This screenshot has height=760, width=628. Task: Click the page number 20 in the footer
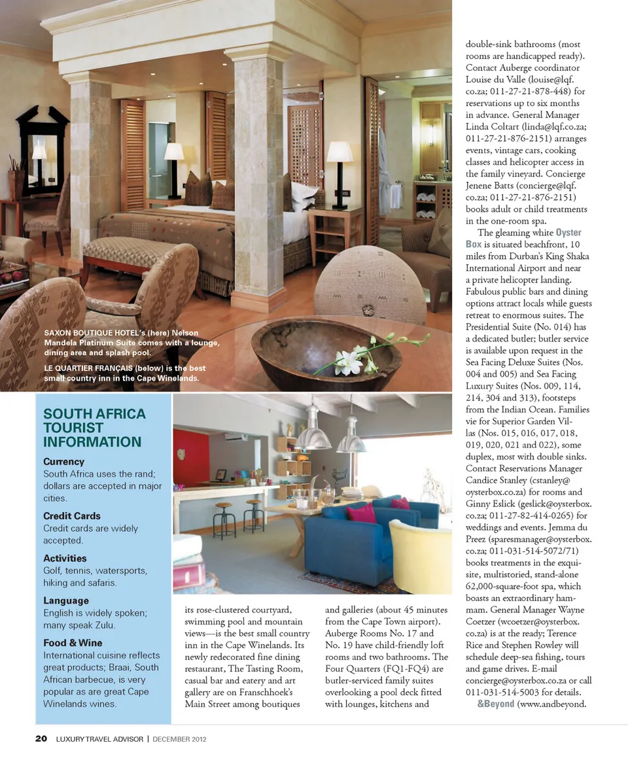41,739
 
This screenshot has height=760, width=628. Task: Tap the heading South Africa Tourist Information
94,428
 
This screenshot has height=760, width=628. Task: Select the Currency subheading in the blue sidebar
64,462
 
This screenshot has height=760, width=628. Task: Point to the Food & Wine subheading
73,643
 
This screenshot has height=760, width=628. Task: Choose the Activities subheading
65,558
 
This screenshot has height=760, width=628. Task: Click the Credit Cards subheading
72,515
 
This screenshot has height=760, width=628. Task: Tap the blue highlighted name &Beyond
496,704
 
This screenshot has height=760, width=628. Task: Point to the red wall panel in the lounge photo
191,458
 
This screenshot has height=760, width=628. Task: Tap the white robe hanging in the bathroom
384,170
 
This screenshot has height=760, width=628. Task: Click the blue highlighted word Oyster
568,232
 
